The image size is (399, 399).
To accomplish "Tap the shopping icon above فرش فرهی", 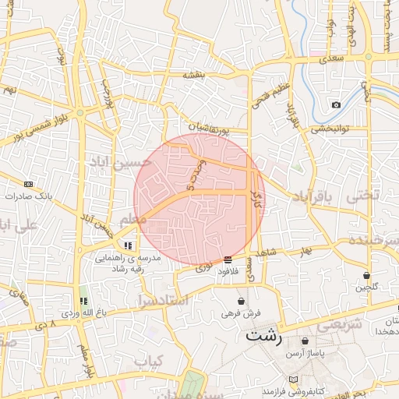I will pyautogui.click(x=241, y=301).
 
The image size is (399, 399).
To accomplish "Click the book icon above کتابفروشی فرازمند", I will pyautogui.click(x=293, y=380).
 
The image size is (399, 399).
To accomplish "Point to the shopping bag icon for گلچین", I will pyautogui.click(x=366, y=275).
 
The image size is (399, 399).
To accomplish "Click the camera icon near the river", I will pyautogui.click(x=335, y=104).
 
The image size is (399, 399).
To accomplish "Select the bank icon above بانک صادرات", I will pyautogui.click(x=29, y=184).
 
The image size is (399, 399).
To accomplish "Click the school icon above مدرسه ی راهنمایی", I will pyautogui.click(x=128, y=245).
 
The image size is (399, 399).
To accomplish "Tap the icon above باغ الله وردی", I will pyautogui.click(x=83, y=301).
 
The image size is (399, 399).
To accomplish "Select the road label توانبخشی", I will pyautogui.click(x=333, y=129).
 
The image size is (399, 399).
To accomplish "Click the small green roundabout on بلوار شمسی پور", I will pyautogui.click(x=79, y=112).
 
